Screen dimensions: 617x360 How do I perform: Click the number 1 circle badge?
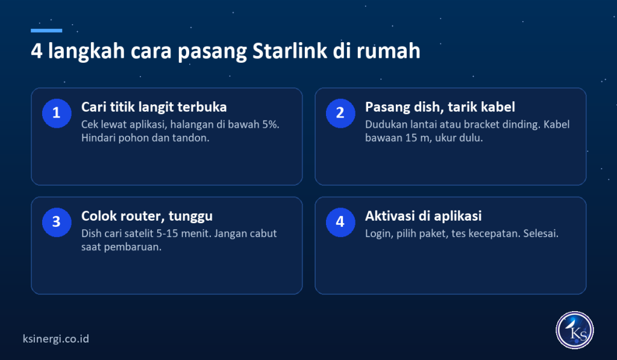point(57,113)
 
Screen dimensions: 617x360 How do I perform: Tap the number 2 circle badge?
point(340,113)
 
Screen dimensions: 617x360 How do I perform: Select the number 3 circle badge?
point(57,222)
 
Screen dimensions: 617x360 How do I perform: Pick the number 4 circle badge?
point(340,222)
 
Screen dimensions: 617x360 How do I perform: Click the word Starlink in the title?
point(290,51)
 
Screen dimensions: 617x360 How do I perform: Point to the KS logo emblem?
point(574,330)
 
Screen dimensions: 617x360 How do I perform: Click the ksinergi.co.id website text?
point(56,339)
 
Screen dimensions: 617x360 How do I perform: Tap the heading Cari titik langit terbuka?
point(154,107)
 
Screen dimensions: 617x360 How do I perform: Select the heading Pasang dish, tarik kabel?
point(440,107)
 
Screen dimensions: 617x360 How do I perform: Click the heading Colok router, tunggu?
point(147,216)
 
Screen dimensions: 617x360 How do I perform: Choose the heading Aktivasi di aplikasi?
point(424,216)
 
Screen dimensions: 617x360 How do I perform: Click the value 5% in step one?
point(271,124)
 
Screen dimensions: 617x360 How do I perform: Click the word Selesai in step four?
point(540,233)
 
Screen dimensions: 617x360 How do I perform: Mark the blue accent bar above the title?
point(46,30)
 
